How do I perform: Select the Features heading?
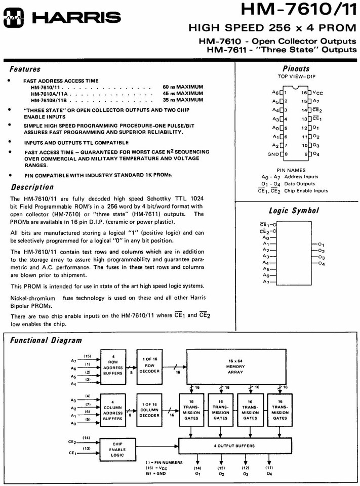tap(25, 69)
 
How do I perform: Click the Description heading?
tap(32, 187)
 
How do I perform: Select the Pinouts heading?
tap(296, 69)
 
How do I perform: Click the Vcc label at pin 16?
tap(317, 93)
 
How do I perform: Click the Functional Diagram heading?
tap(46, 340)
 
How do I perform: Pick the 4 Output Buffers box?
tap(235, 446)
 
